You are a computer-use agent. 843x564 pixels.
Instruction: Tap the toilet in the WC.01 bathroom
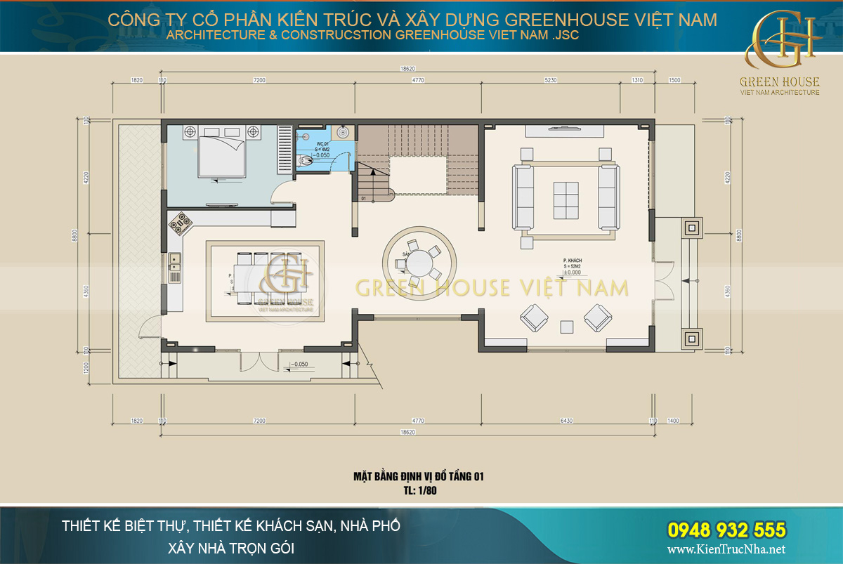[304, 161]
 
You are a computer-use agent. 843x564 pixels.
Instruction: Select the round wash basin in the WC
[342, 132]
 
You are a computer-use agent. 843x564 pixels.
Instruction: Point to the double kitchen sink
[174, 262]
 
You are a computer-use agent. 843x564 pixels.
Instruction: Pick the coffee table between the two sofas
[566, 200]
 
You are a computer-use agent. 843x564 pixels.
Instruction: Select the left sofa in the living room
[523, 197]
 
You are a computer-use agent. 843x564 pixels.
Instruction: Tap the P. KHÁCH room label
[573, 261]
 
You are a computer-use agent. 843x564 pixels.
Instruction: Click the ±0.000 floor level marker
[573, 273]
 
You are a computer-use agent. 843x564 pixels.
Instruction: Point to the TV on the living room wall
[564, 129]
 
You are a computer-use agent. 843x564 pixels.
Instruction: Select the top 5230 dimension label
[551, 80]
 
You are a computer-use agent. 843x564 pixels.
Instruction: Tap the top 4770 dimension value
[418, 80]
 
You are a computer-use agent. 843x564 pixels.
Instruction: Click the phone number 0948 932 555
[726, 530]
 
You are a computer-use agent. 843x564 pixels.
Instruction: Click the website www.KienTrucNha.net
[726, 549]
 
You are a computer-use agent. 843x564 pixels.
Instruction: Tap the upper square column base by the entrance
[691, 226]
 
